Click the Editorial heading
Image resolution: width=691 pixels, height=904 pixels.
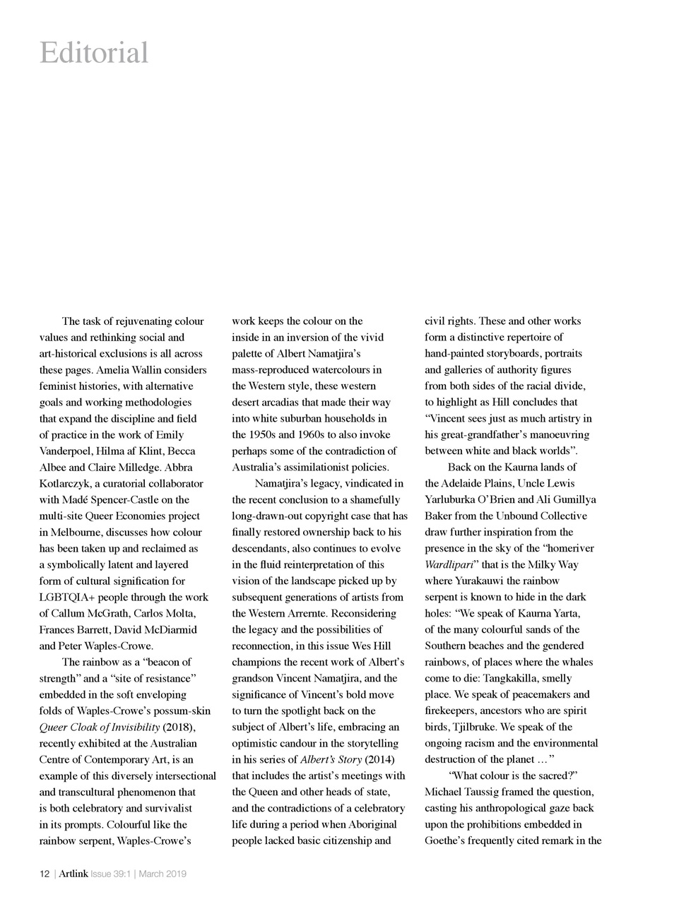click(94, 54)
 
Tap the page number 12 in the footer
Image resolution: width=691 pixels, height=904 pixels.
click(44, 874)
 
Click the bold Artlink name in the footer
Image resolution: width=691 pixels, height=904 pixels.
click(73, 874)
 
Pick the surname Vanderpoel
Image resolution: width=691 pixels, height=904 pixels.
click(69, 451)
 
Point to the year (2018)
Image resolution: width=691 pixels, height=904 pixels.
click(178, 727)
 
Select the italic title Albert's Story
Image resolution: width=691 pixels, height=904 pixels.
click(331, 760)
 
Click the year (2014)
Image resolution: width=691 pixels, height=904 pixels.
click(378, 760)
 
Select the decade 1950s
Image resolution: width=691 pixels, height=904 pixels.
click(264, 435)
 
